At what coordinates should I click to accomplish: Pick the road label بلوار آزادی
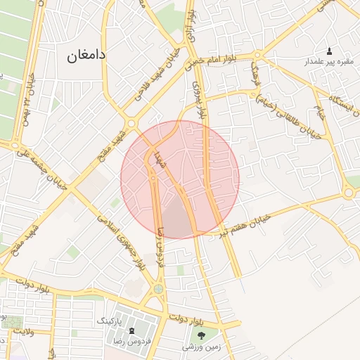tap(190, 17)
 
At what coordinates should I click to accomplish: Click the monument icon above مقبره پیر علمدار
tap(330, 51)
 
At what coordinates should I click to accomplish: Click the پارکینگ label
tap(108, 320)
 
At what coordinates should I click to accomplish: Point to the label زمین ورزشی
tap(202, 346)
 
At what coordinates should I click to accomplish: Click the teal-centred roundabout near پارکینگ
tap(158, 288)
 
